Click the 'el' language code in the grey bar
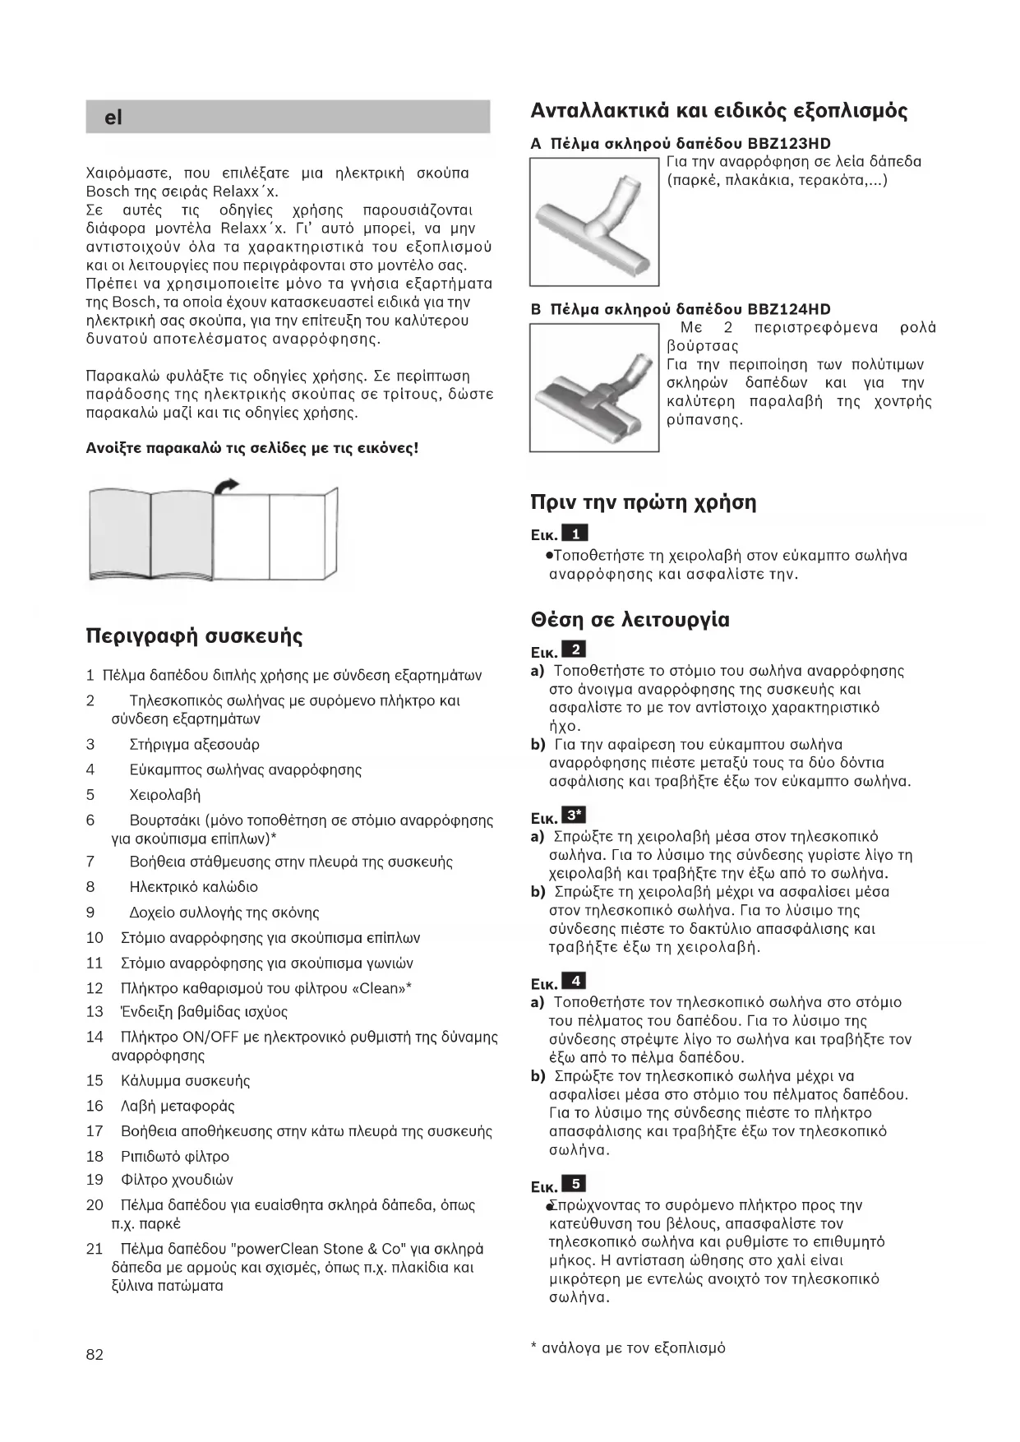tap(113, 118)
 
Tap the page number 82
tap(95, 1354)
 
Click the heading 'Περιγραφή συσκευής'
tap(194, 636)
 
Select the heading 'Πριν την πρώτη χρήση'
tap(643, 502)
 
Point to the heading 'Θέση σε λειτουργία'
tap(630, 619)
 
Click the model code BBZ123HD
tap(789, 143)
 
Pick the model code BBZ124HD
tap(789, 309)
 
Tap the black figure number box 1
tap(575, 534)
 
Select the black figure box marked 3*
tap(575, 816)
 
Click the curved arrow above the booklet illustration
tap(226, 485)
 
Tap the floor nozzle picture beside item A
tap(593, 221)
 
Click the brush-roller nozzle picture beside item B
tap(593, 387)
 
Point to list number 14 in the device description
tap(95, 1038)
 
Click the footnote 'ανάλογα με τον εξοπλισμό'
tap(633, 1347)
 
